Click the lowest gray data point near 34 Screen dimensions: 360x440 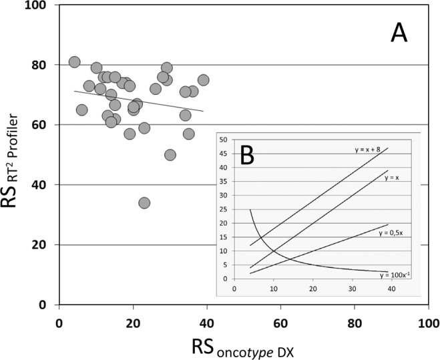click(x=144, y=202)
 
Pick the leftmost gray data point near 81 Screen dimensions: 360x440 click(x=74, y=62)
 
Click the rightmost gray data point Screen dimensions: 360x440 click(x=204, y=80)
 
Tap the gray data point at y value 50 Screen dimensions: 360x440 click(x=170, y=155)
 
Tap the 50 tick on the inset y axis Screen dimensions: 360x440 click(x=223, y=140)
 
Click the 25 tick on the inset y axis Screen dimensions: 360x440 click(x=223, y=210)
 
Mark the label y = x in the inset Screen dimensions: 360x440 click(x=385, y=174)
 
